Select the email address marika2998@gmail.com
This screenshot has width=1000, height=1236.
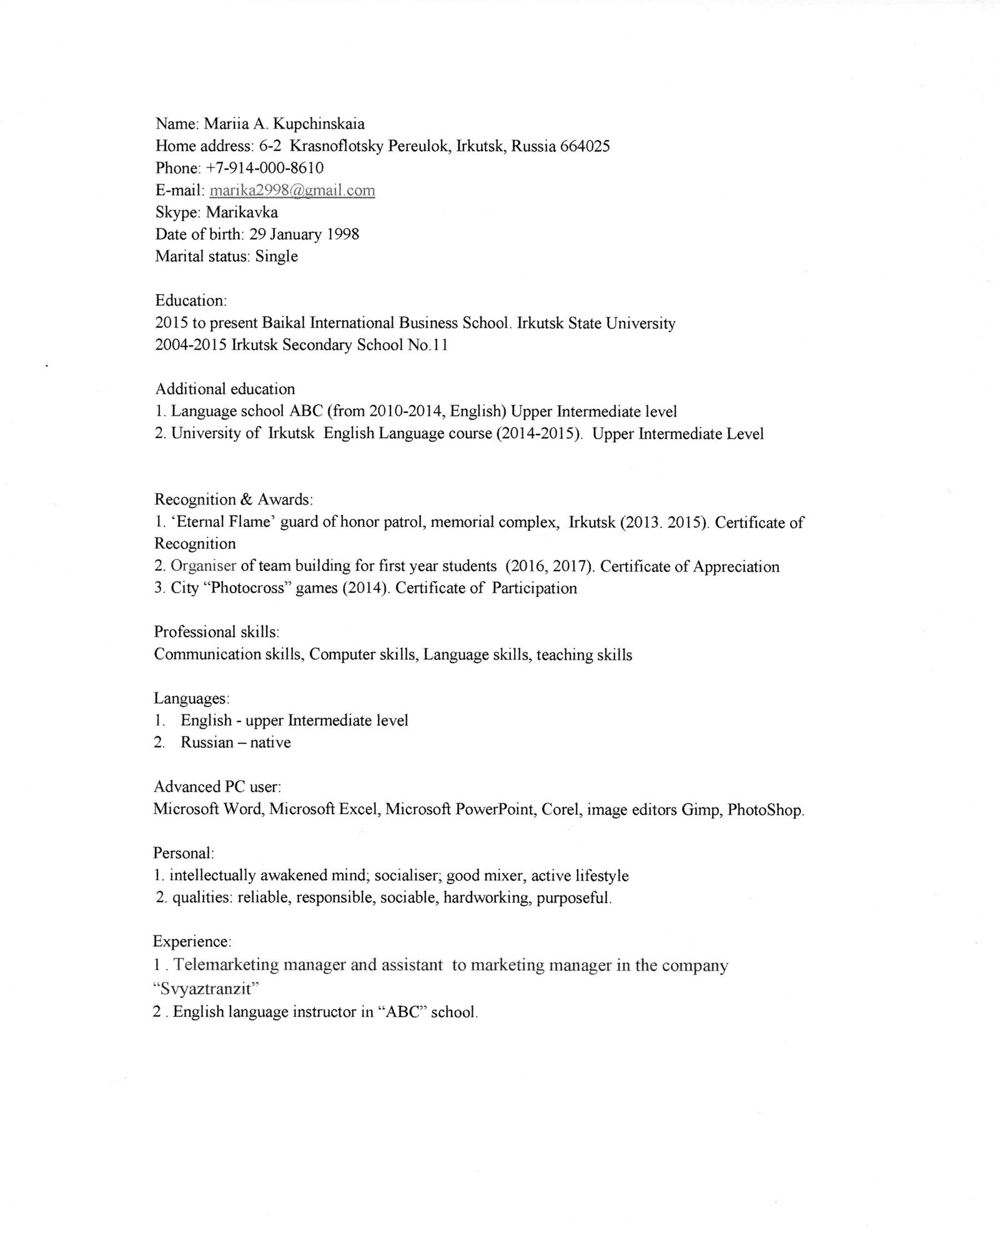click(292, 190)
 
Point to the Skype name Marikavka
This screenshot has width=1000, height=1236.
click(242, 212)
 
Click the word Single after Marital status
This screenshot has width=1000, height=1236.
click(277, 257)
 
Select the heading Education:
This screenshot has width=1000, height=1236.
click(191, 300)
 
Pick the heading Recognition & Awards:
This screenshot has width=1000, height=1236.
click(234, 499)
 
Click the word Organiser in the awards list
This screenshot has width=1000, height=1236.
click(204, 566)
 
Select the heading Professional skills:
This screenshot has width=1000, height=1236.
click(216, 632)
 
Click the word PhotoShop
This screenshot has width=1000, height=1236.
click(765, 810)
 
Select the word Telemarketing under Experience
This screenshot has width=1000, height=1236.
click(225, 965)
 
